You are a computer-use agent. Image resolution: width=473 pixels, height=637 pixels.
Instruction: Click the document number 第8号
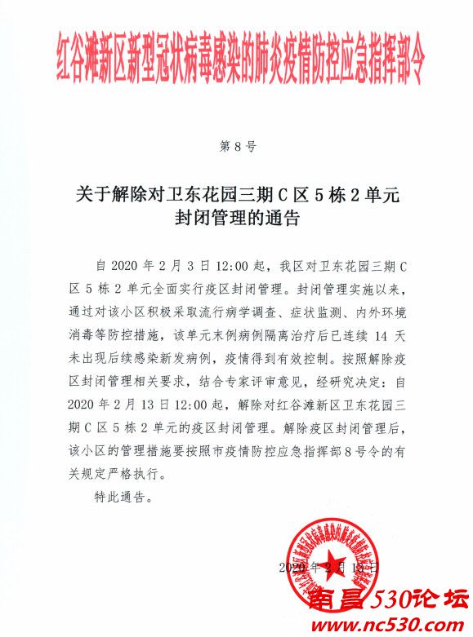pyautogui.click(x=239, y=148)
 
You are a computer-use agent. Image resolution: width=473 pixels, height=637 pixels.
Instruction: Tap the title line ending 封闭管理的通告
pyautogui.click(x=237, y=219)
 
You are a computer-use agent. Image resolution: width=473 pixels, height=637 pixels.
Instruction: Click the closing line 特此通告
pyautogui.click(x=125, y=495)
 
